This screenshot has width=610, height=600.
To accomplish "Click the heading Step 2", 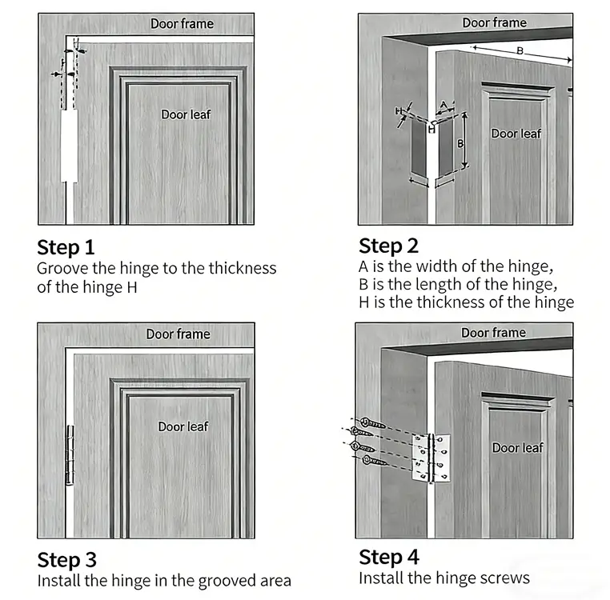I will pyautogui.click(x=388, y=245).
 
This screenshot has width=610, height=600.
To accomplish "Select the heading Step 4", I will pyautogui.click(x=388, y=557).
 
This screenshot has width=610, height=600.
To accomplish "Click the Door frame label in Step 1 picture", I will pyautogui.click(x=182, y=24).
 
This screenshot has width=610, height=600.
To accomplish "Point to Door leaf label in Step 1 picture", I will pyautogui.click(x=186, y=114).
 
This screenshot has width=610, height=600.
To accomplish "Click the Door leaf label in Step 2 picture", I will pyautogui.click(x=516, y=134).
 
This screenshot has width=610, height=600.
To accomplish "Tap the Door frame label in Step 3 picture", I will pyautogui.click(x=178, y=334).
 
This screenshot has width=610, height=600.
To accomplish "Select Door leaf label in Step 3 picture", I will pyautogui.click(x=183, y=426).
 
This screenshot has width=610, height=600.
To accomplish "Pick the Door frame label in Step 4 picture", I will pyautogui.click(x=493, y=332).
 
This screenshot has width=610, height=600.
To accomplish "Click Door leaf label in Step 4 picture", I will pyautogui.click(x=517, y=448).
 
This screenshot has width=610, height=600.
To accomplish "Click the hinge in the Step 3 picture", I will pyautogui.click(x=69, y=455).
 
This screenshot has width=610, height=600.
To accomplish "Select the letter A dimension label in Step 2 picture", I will pyautogui.click(x=443, y=105).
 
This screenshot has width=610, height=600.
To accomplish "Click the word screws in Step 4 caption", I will pyautogui.click(x=504, y=578).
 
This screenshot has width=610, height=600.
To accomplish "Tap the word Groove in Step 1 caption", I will pyautogui.click(x=62, y=268).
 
